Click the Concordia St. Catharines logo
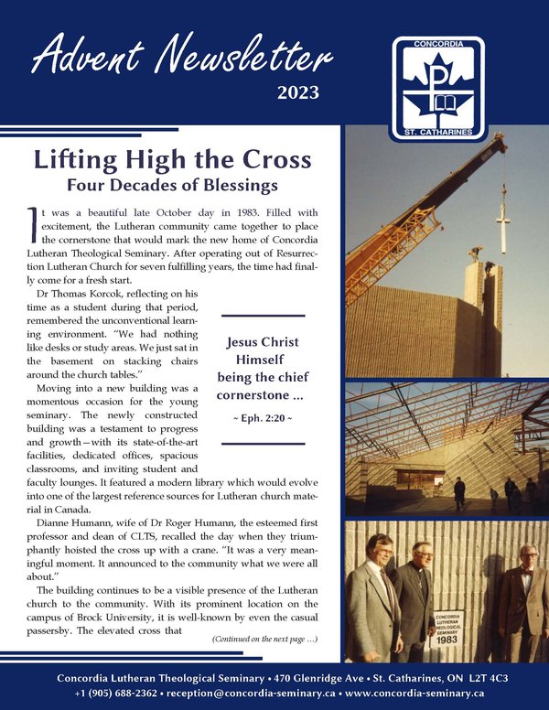click(439, 87)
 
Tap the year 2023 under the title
click(298, 92)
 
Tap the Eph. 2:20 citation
click(264, 419)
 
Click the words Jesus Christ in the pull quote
click(263, 343)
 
